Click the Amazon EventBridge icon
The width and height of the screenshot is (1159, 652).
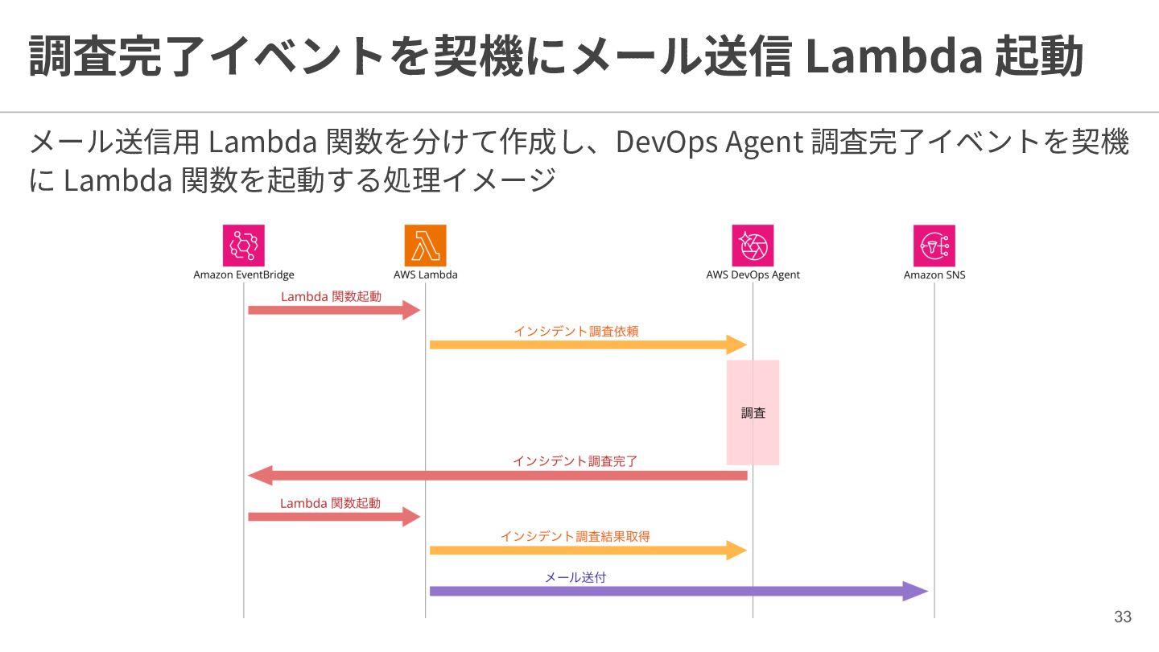(244, 246)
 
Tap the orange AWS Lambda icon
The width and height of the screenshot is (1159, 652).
(425, 246)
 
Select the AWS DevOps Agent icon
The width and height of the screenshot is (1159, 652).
(753, 246)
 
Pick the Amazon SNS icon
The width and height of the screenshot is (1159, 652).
(934, 246)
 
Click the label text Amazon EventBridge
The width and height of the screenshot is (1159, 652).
(244, 274)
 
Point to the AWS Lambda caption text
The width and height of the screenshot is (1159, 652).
(425, 274)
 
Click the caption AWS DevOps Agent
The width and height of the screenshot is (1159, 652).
(753, 274)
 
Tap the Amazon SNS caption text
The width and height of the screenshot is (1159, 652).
(934, 274)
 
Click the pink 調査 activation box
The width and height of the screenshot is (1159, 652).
(753, 412)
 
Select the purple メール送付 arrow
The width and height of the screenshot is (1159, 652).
(678, 591)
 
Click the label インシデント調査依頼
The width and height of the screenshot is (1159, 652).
(576, 331)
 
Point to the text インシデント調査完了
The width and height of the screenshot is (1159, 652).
(575, 461)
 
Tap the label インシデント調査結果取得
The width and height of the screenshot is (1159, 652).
(575, 537)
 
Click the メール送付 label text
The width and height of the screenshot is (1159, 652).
(575, 577)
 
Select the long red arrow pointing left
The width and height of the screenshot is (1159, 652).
(497, 476)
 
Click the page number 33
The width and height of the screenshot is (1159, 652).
(1123, 617)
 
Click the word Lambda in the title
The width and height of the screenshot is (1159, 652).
(894, 56)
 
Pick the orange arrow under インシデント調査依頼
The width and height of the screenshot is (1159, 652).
(588, 345)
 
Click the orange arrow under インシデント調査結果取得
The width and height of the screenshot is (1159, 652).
(588, 550)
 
